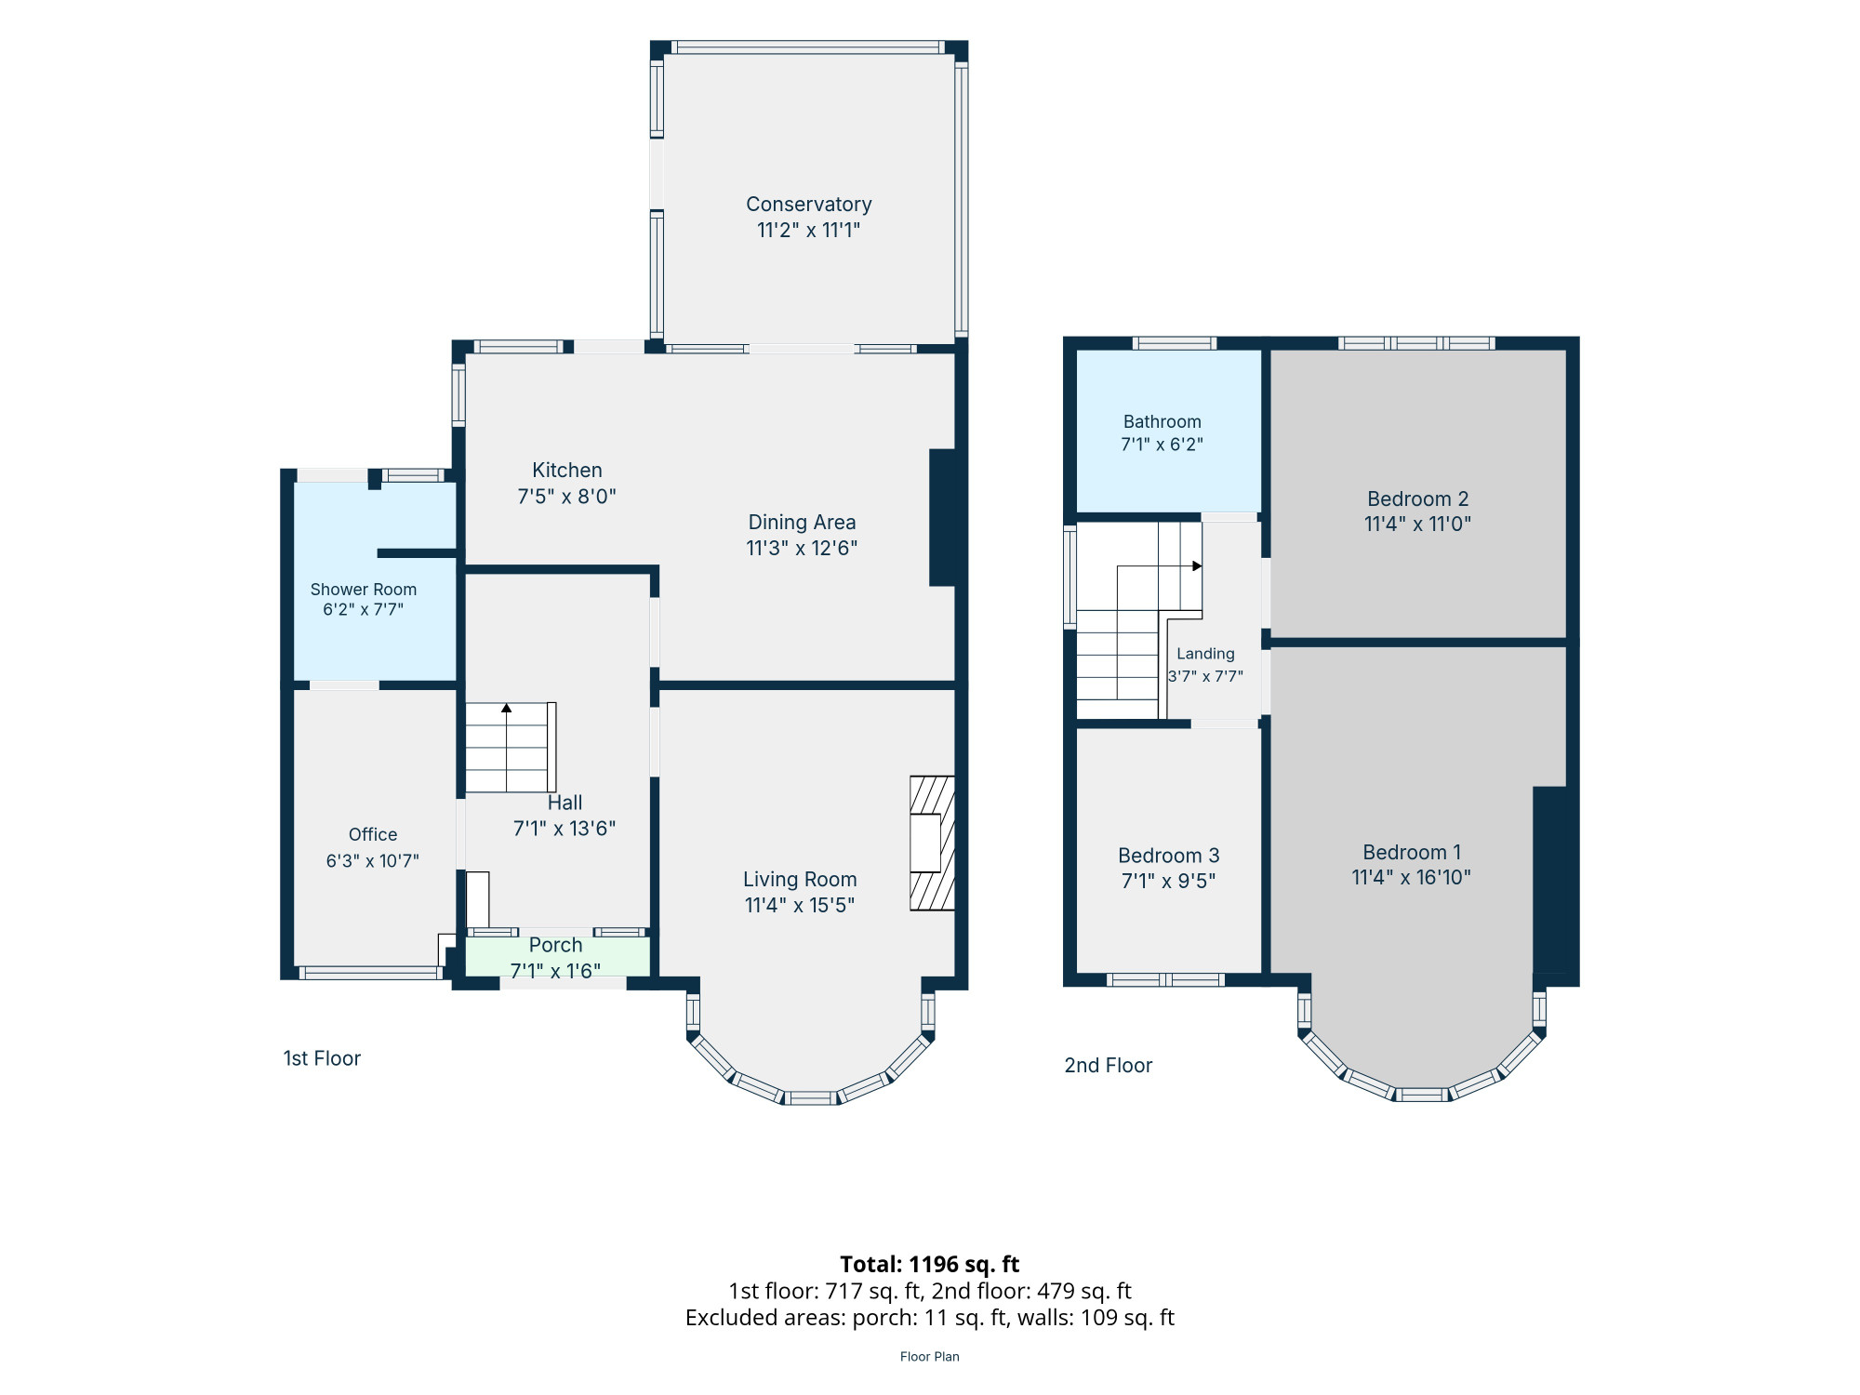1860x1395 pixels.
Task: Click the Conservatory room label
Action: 808,205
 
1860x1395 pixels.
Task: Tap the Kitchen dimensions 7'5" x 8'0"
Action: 566,497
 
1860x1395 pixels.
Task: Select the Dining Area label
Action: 802,523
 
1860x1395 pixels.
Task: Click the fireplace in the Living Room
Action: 932,843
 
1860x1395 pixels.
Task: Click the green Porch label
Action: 555,946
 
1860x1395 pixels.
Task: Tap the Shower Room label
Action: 363,590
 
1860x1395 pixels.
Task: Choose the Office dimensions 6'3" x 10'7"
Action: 372,861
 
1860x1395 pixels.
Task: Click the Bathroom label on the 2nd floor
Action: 1162,422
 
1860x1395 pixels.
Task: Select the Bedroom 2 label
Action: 1417,499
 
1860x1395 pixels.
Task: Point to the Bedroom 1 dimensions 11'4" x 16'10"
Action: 1411,878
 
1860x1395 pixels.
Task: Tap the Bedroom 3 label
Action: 1168,856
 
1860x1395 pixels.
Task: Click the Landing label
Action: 1205,654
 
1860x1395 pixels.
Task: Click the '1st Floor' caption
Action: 322,1058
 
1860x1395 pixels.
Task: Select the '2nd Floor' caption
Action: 1108,1066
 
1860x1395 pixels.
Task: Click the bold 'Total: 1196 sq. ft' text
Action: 929,1265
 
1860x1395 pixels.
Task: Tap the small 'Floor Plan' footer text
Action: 929,1357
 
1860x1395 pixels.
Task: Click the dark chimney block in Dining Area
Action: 942,518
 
